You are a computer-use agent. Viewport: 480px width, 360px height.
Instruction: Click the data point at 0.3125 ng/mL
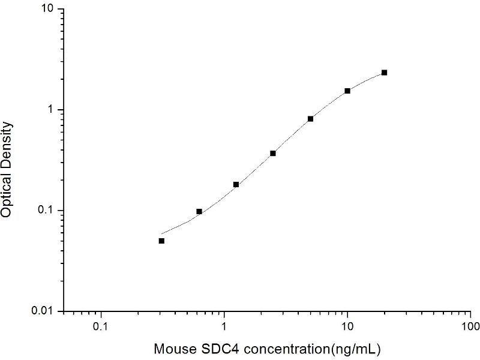(x=161, y=241)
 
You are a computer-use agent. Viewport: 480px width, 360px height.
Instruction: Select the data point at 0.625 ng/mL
(x=199, y=211)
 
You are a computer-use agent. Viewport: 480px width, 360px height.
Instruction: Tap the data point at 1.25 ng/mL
(x=236, y=184)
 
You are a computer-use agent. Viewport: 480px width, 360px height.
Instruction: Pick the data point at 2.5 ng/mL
(x=273, y=153)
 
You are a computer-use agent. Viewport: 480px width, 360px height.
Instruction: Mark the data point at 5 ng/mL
(x=310, y=118)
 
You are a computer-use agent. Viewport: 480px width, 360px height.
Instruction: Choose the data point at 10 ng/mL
(x=347, y=91)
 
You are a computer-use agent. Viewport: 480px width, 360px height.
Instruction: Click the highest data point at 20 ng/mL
(x=384, y=73)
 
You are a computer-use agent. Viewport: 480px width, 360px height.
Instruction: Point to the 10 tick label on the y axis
(x=48, y=10)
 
